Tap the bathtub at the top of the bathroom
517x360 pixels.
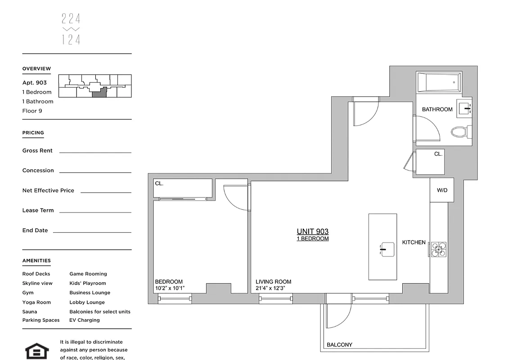(x=438, y=82)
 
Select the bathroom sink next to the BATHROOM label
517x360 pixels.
(x=465, y=108)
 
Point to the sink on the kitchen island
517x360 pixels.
(x=387, y=249)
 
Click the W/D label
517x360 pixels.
(x=442, y=190)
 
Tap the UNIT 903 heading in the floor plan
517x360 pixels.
(x=312, y=231)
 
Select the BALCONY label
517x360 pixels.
(x=339, y=345)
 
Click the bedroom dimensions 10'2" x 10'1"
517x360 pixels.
(x=170, y=288)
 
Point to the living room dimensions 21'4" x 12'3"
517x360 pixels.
(x=270, y=288)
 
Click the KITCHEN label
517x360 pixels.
(x=414, y=243)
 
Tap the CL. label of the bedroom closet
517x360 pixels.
(x=159, y=184)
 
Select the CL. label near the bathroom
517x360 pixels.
(x=438, y=154)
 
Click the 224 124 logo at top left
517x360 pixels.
(x=71, y=29)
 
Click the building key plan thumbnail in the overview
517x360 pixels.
(x=95, y=86)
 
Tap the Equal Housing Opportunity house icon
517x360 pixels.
(x=36, y=351)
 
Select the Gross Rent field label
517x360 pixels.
(x=37, y=151)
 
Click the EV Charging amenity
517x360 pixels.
(x=85, y=320)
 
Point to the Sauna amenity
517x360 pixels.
(x=30, y=311)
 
